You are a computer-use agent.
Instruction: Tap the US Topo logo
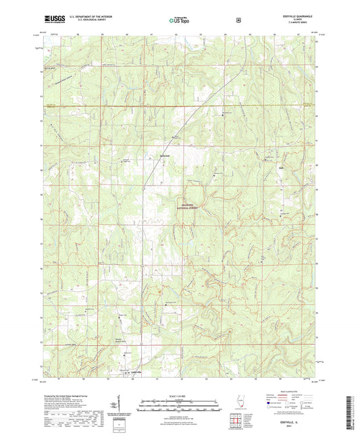180,21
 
